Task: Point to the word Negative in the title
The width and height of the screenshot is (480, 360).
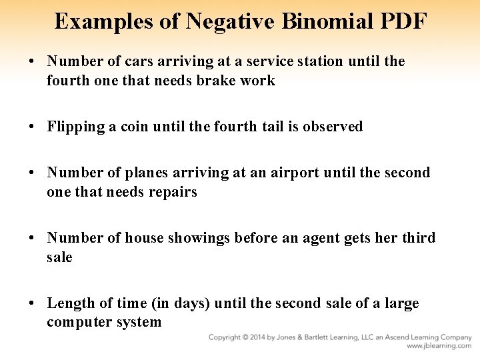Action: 213,21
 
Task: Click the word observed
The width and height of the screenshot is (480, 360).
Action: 333,127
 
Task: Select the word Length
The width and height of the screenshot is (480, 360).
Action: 71,303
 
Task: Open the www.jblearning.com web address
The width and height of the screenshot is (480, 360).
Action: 439,347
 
